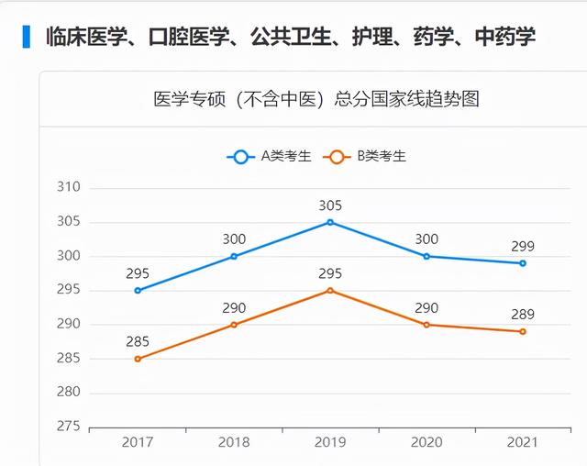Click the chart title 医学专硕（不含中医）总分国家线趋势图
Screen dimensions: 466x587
[x=316, y=99]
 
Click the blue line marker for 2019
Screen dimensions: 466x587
[x=330, y=222]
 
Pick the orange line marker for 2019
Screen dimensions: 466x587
[x=330, y=290]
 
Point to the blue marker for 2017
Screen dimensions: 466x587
[x=138, y=290]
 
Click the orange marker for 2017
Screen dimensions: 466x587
[x=138, y=359]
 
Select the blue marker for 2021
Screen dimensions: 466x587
[x=523, y=263]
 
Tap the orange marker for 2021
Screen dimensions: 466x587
[x=523, y=331]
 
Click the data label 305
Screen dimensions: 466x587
[x=330, y=205]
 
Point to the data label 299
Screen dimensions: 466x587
[x=523, y=246]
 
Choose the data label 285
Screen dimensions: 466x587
[x=138, y=342]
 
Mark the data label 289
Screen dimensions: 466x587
[x=523, y=315]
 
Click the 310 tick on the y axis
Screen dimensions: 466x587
[x=69, y=187]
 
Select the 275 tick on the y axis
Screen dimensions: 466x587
[x=69, y=427]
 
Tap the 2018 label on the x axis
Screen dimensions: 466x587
[x=234, y=442]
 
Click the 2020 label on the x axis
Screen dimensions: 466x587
[x=426, y=442]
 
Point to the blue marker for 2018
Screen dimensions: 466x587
[x=234, y=256]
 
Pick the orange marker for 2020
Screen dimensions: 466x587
[x=426, y=325]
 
